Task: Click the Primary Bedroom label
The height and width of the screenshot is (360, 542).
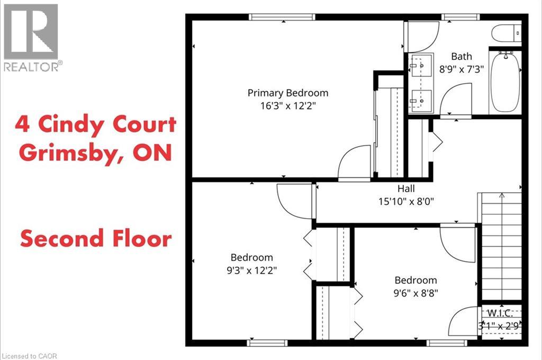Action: pyautogui.click(x=288, y=93)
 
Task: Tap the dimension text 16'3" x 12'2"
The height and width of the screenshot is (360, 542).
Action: pyautogui.click(x=288, y=105)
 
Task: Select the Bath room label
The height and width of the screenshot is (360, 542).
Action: pyautogui.click(x=461, y=56)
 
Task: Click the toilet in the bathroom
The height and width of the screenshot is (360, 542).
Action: pyautogui.click(x=507, y=34)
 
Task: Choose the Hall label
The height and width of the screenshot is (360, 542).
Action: pyautogui.click(x=406, y=188)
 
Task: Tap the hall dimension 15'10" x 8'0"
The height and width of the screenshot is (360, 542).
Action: pyautogui.click(x=406, y=201)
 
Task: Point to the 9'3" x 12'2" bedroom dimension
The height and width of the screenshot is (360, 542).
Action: pyautogui.click(x=252, y=270)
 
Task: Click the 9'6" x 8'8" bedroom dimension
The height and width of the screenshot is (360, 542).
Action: pyautogui.click(x=416, y=292)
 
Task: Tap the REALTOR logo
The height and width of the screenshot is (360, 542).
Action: pyautogui.click(x=31, y=37)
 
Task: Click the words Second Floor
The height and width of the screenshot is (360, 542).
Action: pyautogui.click(x=96, y=238)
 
